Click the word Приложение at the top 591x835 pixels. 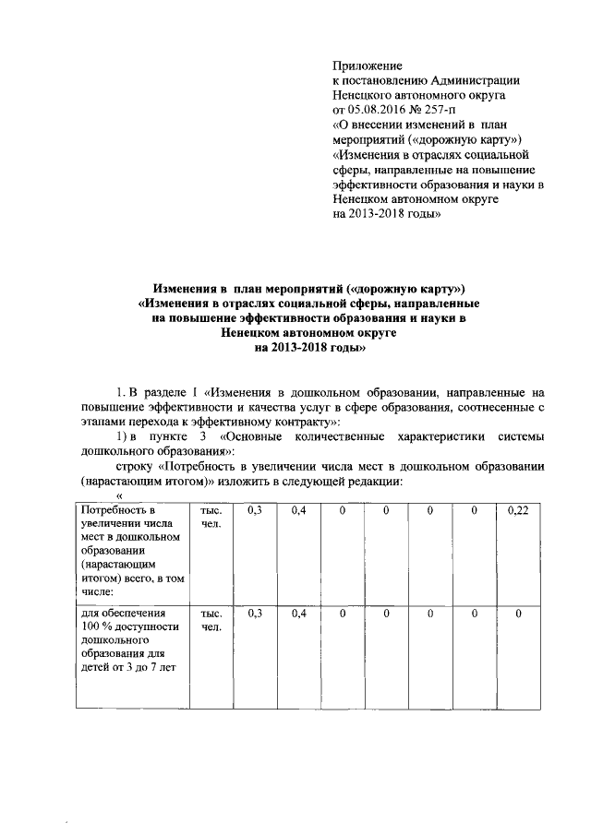368,66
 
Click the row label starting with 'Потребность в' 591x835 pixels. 115,510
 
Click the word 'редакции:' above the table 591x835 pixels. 376,482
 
